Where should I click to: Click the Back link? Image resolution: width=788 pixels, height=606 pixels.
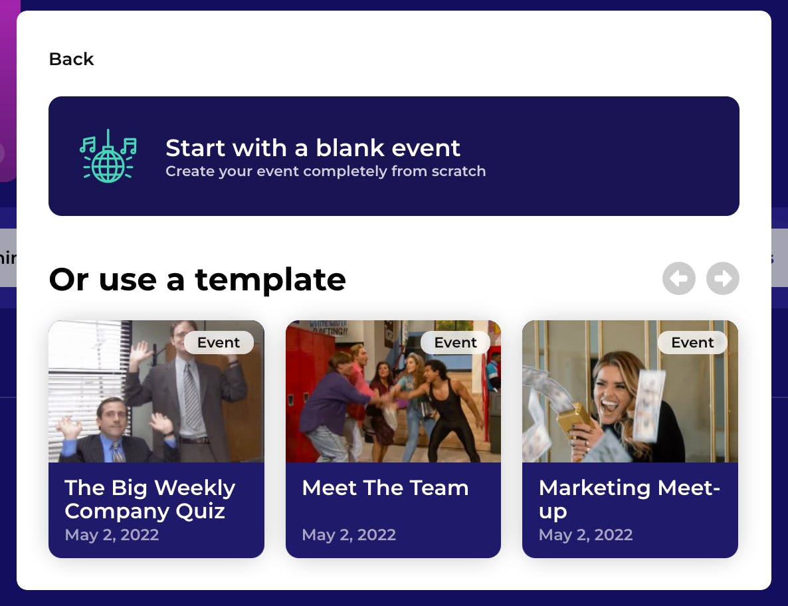click(71, 59)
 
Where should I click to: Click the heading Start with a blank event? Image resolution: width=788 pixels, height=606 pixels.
click(312, 148)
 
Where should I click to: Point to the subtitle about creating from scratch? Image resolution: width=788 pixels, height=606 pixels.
click(326, 171)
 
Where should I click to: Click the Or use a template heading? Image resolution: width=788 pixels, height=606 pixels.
click(197, 279)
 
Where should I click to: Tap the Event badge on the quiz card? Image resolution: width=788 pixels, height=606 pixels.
click(219, 342)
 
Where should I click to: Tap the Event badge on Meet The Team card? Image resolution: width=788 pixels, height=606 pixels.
click(455, 342)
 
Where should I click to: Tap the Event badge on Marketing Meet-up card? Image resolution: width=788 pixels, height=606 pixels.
click(692, 342)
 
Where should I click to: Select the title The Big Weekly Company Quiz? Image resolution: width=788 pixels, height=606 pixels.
click(149, 500)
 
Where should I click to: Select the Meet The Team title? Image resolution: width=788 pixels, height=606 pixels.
click(385, 488)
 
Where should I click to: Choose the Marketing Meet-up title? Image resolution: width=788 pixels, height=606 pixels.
click(629, 500)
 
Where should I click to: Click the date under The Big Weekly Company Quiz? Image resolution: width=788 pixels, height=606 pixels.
click(112, 535)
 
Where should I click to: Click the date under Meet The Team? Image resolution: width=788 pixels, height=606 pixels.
click(349, 535)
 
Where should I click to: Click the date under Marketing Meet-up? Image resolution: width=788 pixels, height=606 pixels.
click(585, 535)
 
